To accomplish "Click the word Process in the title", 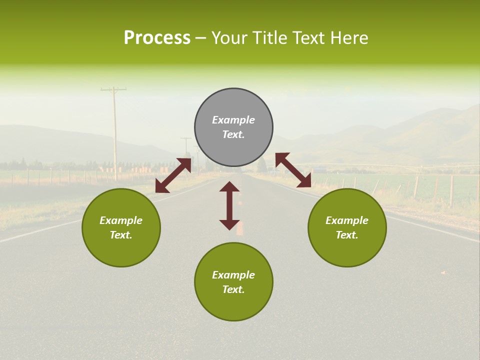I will (157, 38).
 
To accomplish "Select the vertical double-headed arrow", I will (229, 205).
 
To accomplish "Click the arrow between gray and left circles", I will (173, 175).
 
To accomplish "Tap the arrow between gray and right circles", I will (293, 170).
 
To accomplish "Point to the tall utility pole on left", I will (114, 135).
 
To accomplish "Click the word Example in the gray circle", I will (233, 120).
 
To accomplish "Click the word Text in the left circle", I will (121, 235).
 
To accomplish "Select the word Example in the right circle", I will (347, 220).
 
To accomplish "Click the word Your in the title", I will (227, 38).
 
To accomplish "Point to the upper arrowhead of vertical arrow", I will (229, 186).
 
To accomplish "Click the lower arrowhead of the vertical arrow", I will (229, 224).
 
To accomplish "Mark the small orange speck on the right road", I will (443, 272).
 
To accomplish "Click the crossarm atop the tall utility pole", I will (113, 90).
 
